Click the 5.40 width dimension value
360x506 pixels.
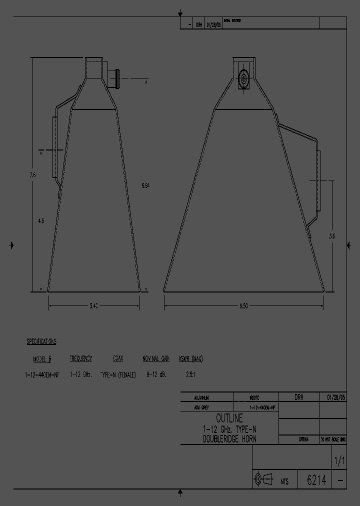pos(94,306)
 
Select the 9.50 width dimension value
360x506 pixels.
pos(244,306)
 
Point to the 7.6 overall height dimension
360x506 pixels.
pos(32,174)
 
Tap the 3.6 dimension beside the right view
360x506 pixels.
pos(332,237)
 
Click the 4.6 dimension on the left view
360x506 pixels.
pos(40,220)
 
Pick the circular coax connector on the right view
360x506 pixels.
pos(244,78)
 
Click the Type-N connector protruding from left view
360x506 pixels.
pos(113,78)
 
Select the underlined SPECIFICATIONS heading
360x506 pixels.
pos(41,341)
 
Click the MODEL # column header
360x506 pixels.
pos(42,359)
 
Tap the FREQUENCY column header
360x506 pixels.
pos(80,359)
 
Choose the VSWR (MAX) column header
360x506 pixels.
pos(190,359)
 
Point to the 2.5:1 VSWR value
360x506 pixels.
pos(190,374)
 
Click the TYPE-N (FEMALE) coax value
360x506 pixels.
pos(118,374)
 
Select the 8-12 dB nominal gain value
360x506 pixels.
pos(156,374)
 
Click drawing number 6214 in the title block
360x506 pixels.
pos(316,480)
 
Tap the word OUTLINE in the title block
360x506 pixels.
pos(229,418)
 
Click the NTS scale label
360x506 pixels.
pos(285,481)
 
